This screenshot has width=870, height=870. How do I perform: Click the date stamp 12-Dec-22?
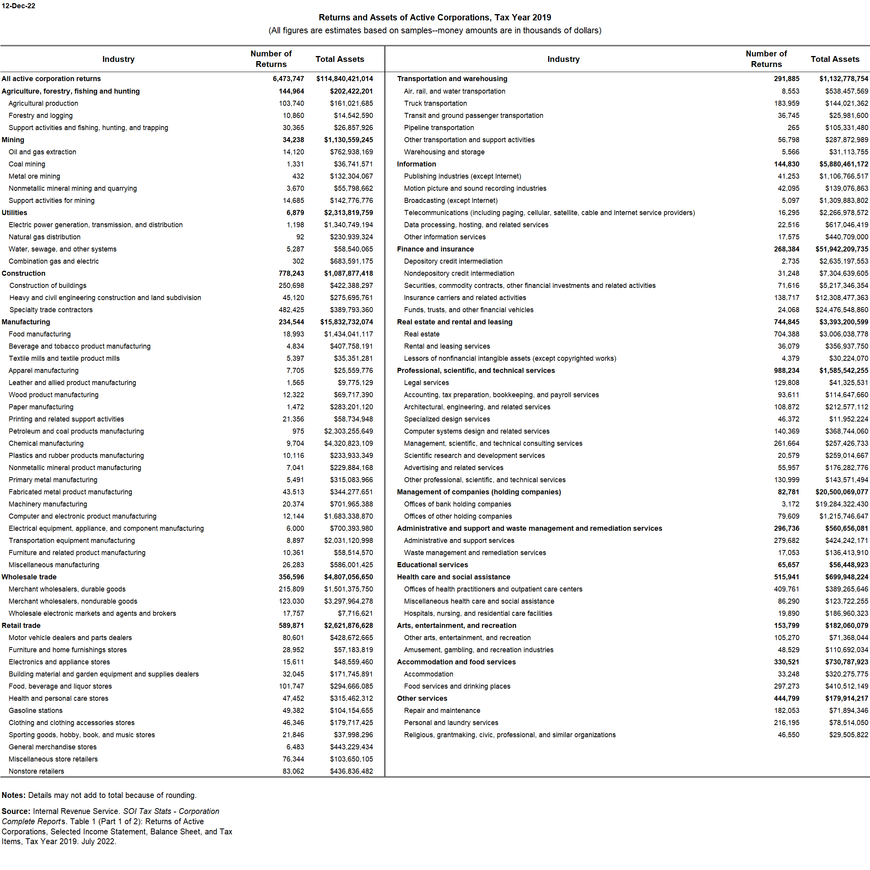(x=18, y=6)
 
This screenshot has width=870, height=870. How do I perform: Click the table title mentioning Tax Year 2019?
(x=435, y=18)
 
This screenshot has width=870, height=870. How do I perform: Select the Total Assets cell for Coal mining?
(x=353, y=164)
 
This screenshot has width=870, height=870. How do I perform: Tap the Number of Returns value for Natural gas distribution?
(x=300, y=237)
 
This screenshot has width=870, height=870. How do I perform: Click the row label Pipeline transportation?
(x=439, y=128)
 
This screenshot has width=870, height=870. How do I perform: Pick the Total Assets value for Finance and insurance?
(x=841, y=249)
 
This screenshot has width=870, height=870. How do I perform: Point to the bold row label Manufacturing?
(x=26, y=322)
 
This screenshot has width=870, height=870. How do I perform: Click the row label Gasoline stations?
(x=36, y=711)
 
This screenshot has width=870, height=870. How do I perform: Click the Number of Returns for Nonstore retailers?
(x=293, y=771)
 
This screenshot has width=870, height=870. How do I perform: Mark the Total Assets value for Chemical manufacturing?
(x=348, y=443)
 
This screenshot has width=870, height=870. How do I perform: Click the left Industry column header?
(x=118, y=59)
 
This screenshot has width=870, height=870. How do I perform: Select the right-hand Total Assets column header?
(x=834, y=59)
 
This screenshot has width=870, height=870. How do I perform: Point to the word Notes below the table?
(x=13, y=795)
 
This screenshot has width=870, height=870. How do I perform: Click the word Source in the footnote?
(x=15, y=811)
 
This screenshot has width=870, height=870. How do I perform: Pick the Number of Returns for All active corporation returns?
(x=288, y=78)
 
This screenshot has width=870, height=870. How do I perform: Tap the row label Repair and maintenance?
(x=442, y=711)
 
